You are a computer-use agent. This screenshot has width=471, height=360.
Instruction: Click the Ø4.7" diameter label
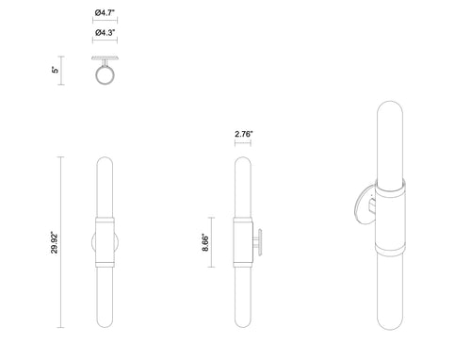click(106, 11)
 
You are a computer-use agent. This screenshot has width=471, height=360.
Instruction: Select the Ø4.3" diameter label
click(106, 34)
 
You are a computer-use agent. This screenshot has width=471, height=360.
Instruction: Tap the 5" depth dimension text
click(56, 70)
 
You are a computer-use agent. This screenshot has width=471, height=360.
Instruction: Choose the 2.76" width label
click(242, 134)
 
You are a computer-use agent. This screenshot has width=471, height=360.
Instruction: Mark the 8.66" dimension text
click(205, 245)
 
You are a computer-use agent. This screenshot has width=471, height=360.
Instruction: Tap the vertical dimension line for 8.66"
click(214, 245)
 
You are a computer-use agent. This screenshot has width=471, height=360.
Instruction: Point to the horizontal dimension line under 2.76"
click(242, 144)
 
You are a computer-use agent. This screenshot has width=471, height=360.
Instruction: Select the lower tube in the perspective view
click(392, 302)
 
